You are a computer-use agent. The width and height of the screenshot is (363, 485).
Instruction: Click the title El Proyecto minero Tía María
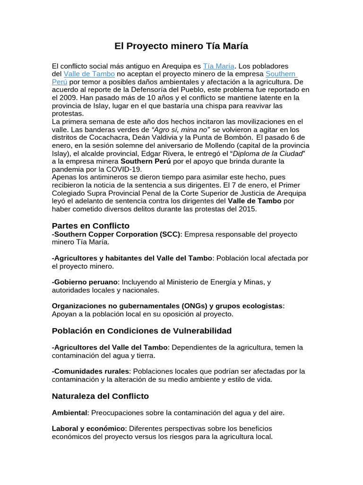click(x=181, y=46)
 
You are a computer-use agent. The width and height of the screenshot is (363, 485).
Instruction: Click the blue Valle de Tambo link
click(x=89, y=74)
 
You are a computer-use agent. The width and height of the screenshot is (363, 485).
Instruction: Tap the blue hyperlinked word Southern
click(x=281, y=74)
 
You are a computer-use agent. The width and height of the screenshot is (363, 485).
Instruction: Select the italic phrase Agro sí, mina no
click(x=181, y=130)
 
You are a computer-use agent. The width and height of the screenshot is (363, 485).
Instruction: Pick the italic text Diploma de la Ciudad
click(x=271, y=153)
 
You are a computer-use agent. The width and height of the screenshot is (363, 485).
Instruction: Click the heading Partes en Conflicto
click(x=90, y=225)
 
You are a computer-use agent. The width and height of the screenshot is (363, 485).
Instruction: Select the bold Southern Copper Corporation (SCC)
click(x=116, y=234)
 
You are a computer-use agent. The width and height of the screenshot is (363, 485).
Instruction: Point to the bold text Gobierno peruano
click(x=85, y=282)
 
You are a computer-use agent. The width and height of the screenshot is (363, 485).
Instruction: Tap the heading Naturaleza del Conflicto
click(x=100, y=395)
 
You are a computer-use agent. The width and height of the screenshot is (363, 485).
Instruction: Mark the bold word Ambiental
click(x=70, y=413)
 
